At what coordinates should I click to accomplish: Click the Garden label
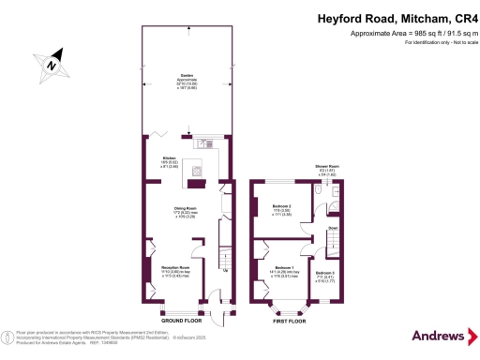pyautogui.click(x=187, y=81)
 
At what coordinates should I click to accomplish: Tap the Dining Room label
pyautogui.click(x=185, y=210)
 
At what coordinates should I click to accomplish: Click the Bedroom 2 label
pyautogui.click(x=282, y=208)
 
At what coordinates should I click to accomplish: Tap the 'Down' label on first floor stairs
pyautogui.click(x=333, y=228)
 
